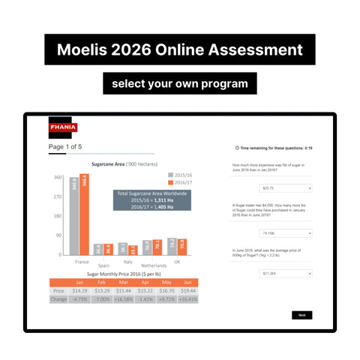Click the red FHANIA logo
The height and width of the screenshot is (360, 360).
tap(61, 127)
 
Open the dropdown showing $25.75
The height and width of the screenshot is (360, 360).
tap(284, 187)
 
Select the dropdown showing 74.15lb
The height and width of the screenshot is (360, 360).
tap(284, 232)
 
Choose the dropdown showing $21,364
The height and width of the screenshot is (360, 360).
tap(284, 274)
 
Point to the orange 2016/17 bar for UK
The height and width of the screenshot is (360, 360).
tap(183, 247)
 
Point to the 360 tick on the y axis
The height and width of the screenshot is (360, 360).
tap(58, 177)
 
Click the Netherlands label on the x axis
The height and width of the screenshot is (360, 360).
tap(153, 265)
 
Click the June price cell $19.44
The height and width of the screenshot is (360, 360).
tap(188, 290)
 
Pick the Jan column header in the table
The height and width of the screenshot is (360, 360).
tap(80, 282)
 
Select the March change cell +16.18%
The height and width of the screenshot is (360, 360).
tap(124, 298)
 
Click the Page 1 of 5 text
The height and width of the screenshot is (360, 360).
tap(65, 147)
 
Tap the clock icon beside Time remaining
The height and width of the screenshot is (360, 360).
tap(237, 148)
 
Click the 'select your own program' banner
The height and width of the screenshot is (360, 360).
tap(180, 82)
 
